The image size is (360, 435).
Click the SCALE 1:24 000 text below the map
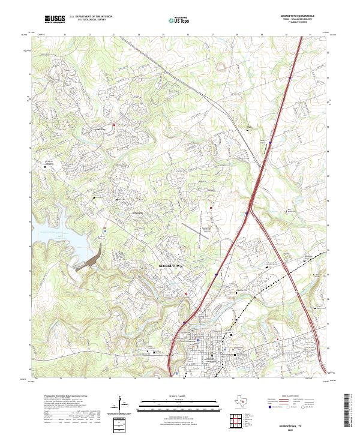point(180,396)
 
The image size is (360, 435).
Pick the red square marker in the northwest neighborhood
point(114,125)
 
